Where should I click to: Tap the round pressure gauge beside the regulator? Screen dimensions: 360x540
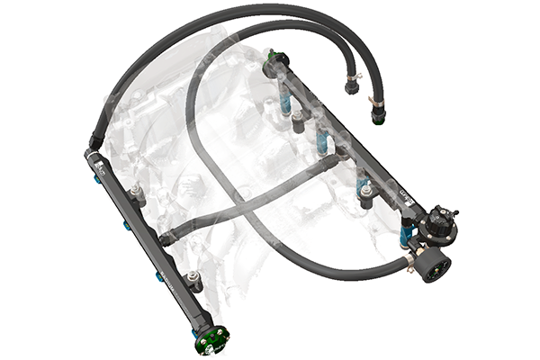(x=436, y=266)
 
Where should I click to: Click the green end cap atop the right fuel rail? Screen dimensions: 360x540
(x=272, y=61)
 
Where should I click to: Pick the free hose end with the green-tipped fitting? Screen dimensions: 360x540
(x=377, y=116)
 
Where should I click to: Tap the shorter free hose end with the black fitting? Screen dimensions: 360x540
(x=351, y=88)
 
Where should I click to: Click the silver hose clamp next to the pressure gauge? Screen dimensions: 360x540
(x=409, y=262)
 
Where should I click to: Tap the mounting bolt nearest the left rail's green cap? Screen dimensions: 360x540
(x=192, y=280)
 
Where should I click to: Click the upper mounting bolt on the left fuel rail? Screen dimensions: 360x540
(x=136, y=193)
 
